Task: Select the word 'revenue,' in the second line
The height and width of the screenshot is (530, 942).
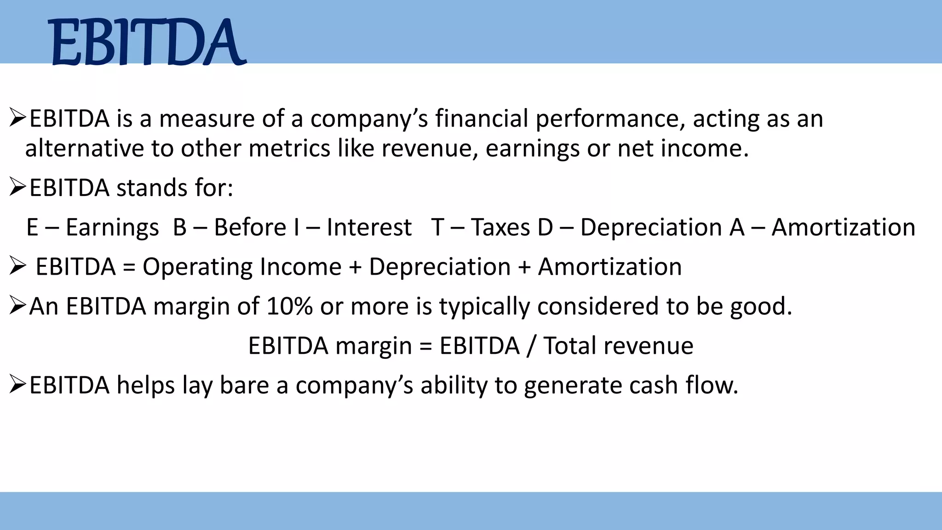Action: [430, 149]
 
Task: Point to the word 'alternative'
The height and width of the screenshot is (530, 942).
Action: [85, 149]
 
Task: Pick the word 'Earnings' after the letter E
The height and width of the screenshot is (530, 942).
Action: [112, 228]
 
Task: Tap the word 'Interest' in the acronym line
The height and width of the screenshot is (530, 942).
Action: [369, 228]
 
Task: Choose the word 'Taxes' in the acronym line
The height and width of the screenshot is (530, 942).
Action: [500, 228]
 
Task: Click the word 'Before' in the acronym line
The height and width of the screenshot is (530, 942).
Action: [250, 228]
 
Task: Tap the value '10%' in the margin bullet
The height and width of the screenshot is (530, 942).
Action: [290, 306]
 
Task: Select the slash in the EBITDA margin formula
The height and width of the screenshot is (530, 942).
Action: [531, 346]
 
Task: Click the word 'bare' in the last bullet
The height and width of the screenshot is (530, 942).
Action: [244, 386]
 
